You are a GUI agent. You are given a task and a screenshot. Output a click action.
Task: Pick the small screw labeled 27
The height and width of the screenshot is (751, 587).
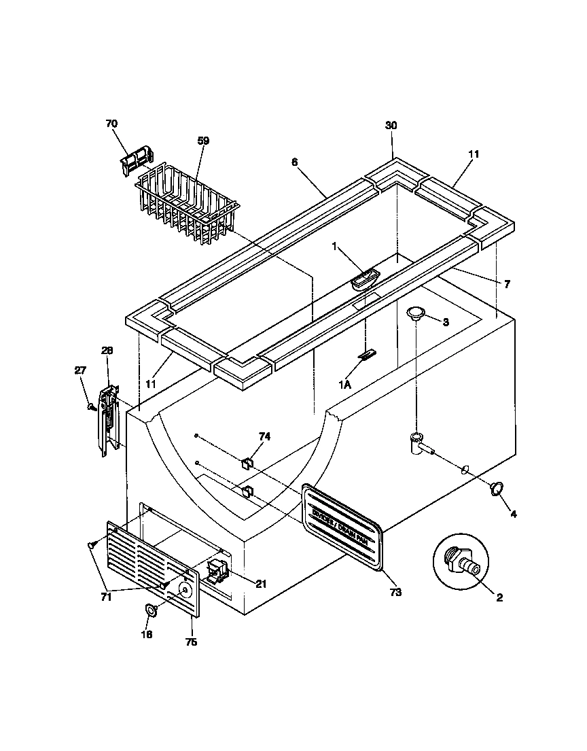(90, 407)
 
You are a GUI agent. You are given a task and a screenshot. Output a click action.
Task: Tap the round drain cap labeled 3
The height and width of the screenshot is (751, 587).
(416, 313)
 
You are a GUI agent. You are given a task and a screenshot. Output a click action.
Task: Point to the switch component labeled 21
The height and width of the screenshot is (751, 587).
(216, 573)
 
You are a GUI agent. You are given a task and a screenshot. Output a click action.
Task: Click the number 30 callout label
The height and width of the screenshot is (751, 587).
(391, 126)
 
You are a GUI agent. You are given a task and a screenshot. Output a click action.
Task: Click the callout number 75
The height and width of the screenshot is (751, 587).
(191, 642)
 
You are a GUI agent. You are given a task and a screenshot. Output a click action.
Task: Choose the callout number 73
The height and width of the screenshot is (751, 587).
(395, 593)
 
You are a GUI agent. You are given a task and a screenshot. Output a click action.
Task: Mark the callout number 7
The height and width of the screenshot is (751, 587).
(507, 284)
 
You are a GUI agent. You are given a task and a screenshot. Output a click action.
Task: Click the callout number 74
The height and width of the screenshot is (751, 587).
(264, 436)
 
